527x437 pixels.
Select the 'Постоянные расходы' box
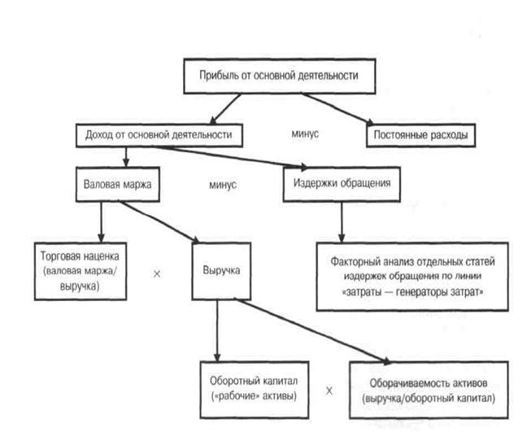[x=420, y=133]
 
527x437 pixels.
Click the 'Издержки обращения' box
[x=342, y=183]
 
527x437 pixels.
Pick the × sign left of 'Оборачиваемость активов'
[x=329, y=391]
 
